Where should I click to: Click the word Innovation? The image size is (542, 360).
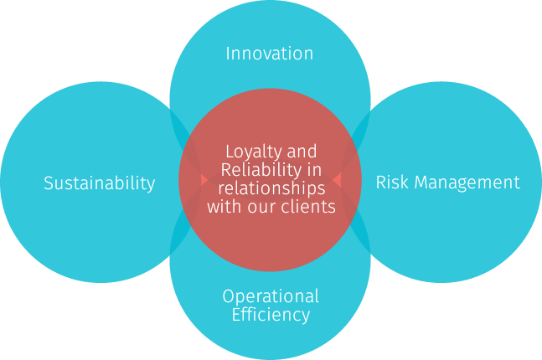click(269, 54)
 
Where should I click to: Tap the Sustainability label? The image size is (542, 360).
click(99, 183)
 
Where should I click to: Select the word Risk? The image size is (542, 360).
click(390, 182)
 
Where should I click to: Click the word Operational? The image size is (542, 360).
click(270, 296)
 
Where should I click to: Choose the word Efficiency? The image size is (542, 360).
click(270, 315)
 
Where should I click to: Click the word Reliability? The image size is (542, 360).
click(261, 170)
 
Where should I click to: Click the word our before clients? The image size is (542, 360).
click(263, 206)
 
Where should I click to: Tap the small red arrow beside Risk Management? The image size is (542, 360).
click(337, 179)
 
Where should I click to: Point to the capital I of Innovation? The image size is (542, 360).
click(229, 54)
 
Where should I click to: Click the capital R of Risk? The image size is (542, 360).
click(381, 182)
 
